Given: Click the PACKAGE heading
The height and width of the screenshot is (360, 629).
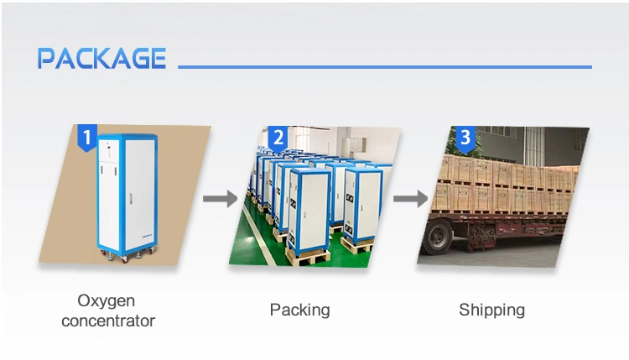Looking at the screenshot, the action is click(101, 58).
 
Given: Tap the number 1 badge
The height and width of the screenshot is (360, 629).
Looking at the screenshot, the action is click(87, 138).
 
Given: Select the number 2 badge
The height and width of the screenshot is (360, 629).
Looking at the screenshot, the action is click(278, 138).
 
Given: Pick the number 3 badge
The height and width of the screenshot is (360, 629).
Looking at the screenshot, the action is click(465, 138).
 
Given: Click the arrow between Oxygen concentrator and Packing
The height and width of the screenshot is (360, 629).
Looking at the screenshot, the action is click(220, 199).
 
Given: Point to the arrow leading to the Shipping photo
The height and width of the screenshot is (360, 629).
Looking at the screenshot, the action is click(410, 199).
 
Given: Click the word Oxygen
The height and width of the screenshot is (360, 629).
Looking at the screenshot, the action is click(106, 301).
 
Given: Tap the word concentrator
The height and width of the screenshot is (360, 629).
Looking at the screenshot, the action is click(108, 321).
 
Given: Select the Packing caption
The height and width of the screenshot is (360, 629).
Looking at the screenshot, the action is click(299, 310).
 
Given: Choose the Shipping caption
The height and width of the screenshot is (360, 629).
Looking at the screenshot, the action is click(491, 310).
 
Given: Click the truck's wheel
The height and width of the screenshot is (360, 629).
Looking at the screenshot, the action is click(437, 237).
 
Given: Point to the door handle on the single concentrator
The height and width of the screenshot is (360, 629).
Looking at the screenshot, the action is click(130, 199).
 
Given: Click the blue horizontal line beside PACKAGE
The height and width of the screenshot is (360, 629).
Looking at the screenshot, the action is click(385, 67).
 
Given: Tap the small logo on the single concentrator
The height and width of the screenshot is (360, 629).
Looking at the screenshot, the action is click(148, 236).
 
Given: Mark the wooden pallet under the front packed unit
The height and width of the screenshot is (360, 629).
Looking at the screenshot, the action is click(308, 257).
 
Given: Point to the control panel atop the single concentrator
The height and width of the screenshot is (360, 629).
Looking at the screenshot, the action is click(109, 150).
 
